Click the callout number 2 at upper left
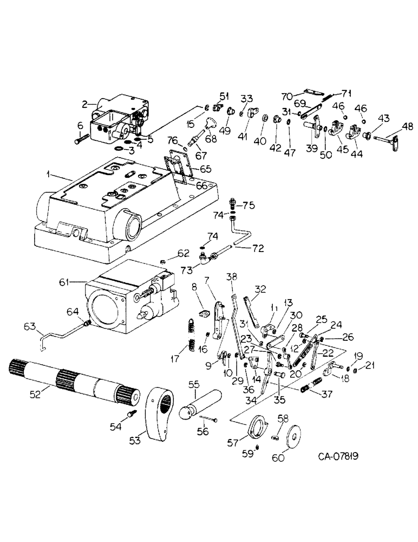click(85, 103)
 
